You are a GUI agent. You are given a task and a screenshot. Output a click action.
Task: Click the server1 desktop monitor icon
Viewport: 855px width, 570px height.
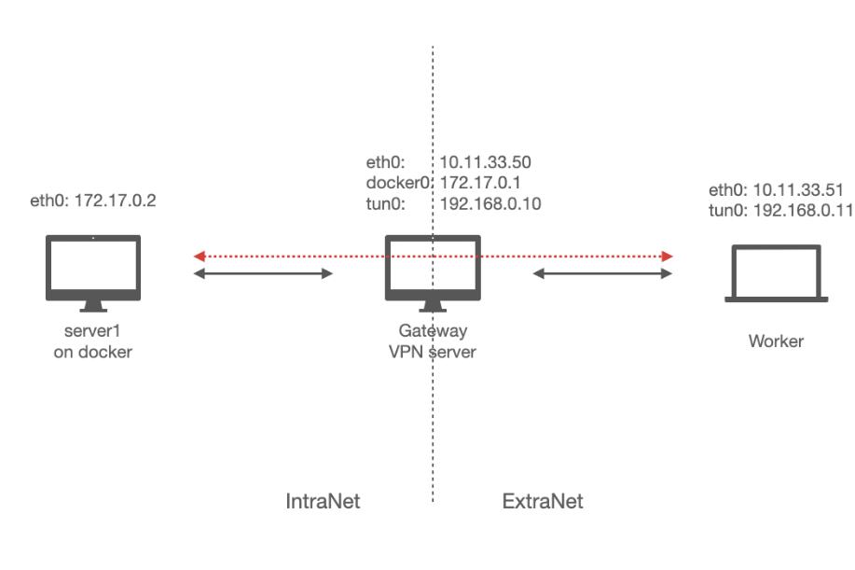[93, 271]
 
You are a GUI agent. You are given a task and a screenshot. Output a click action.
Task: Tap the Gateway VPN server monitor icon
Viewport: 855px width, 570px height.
[434, 271]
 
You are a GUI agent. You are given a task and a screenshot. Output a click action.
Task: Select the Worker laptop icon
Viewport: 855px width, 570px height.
[777, 273]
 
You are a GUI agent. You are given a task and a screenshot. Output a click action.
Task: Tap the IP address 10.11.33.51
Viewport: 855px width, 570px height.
[792, 190]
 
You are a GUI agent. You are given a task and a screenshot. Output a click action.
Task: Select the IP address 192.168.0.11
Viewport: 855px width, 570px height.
[800, 210]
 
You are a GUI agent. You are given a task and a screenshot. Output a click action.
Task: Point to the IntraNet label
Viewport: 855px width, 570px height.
[322, 502]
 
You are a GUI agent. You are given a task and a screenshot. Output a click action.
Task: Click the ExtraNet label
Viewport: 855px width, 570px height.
[543, 502]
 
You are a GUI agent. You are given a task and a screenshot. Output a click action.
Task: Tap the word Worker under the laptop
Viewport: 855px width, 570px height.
[776, 341]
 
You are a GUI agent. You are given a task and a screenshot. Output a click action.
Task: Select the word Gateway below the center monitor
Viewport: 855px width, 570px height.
[434, 331]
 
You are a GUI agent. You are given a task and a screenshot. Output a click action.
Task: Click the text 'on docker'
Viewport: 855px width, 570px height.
[93, 352]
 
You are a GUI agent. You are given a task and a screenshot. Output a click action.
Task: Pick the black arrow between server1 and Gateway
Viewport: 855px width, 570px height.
[263, 274]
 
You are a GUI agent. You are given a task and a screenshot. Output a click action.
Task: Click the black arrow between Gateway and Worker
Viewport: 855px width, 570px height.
[603, 274]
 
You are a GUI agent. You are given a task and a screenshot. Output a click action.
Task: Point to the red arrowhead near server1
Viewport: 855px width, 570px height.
[199, 256]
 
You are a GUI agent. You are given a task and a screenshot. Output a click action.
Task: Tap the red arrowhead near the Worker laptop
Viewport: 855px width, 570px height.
[668, 256]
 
